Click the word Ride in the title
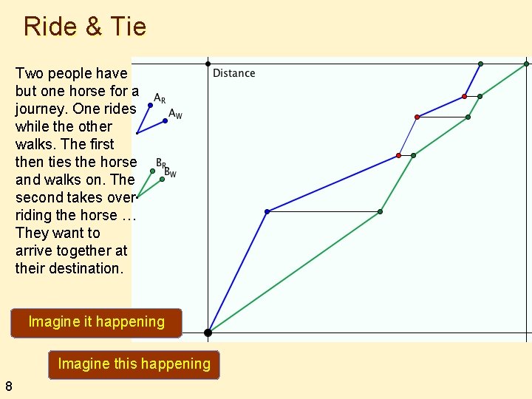coord(50,27)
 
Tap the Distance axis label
coord(233,73)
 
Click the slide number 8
coord(8,385)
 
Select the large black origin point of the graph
coord(208,332)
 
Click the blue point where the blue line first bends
coord(267,212)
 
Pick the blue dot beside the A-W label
coord(165,120)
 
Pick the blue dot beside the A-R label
coord(150,106)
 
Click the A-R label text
coord(160,98)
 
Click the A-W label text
coord(175,114)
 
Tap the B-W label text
coord(171,172)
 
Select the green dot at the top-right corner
coord(526,64)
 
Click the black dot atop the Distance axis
coord(208,64)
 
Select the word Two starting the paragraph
coord(29,73)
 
